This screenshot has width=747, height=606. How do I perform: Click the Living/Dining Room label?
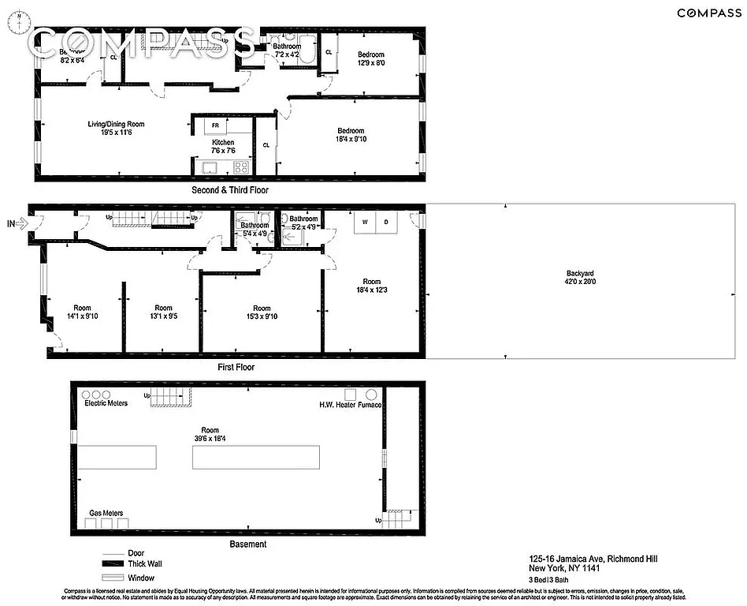click(x=116, y=129)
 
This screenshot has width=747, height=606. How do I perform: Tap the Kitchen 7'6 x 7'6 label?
click(x=223, y=147)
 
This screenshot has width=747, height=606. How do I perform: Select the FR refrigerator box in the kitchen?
click(x=215, y=125)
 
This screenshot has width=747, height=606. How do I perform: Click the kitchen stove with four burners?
click(x=241, y=166)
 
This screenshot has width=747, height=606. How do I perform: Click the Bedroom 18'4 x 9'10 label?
click(x=351, y=135)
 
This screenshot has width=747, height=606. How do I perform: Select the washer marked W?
click(x=365, y=223)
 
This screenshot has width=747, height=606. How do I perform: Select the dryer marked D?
click(x=386, y=223)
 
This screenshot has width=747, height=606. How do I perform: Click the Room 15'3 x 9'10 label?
click(x=262, y=312)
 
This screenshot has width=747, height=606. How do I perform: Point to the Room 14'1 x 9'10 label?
click(x=82, y=312)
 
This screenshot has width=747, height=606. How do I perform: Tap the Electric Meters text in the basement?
click(x=106, y=404)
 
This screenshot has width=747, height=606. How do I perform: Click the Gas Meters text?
click(x=106, y=513)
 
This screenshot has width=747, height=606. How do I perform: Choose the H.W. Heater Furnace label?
click(x=350, y=405)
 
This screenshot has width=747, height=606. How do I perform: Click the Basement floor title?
click(x=247, y=544)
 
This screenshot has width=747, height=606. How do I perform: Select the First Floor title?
click(x=236, y=367)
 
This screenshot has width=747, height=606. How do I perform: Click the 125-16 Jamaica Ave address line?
click(x=593, y=559)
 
